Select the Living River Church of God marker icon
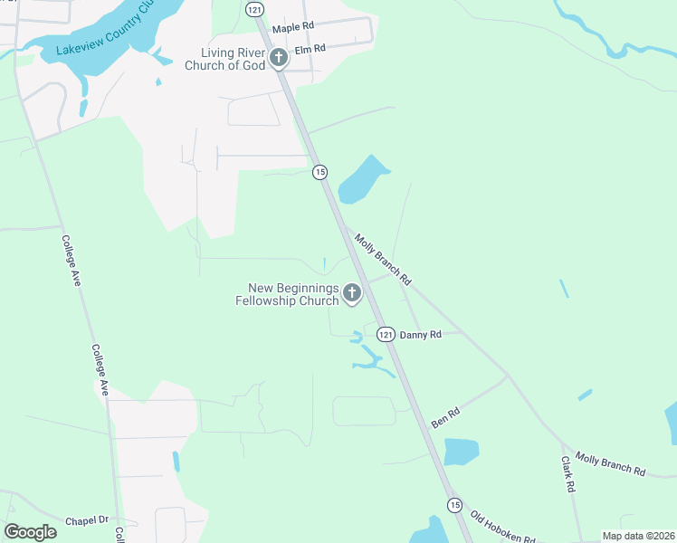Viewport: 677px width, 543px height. [x=279, y=59]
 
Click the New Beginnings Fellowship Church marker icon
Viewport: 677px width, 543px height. [x=351, y=293]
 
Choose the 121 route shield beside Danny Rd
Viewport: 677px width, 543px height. [x=386, y=335]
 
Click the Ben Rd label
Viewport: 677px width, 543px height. [x=445, y=417]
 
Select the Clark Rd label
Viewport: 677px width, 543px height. [x=568, y=473]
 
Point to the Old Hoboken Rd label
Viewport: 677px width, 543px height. [x=504, y=530]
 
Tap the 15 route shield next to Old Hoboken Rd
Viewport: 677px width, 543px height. [x=454, y=504]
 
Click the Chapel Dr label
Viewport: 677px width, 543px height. [x=87, y=520]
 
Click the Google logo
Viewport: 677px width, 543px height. [x=30, y=532]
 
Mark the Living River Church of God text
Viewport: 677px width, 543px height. [x=225, y=59]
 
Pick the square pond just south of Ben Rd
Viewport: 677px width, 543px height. [x=461, y=451]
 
